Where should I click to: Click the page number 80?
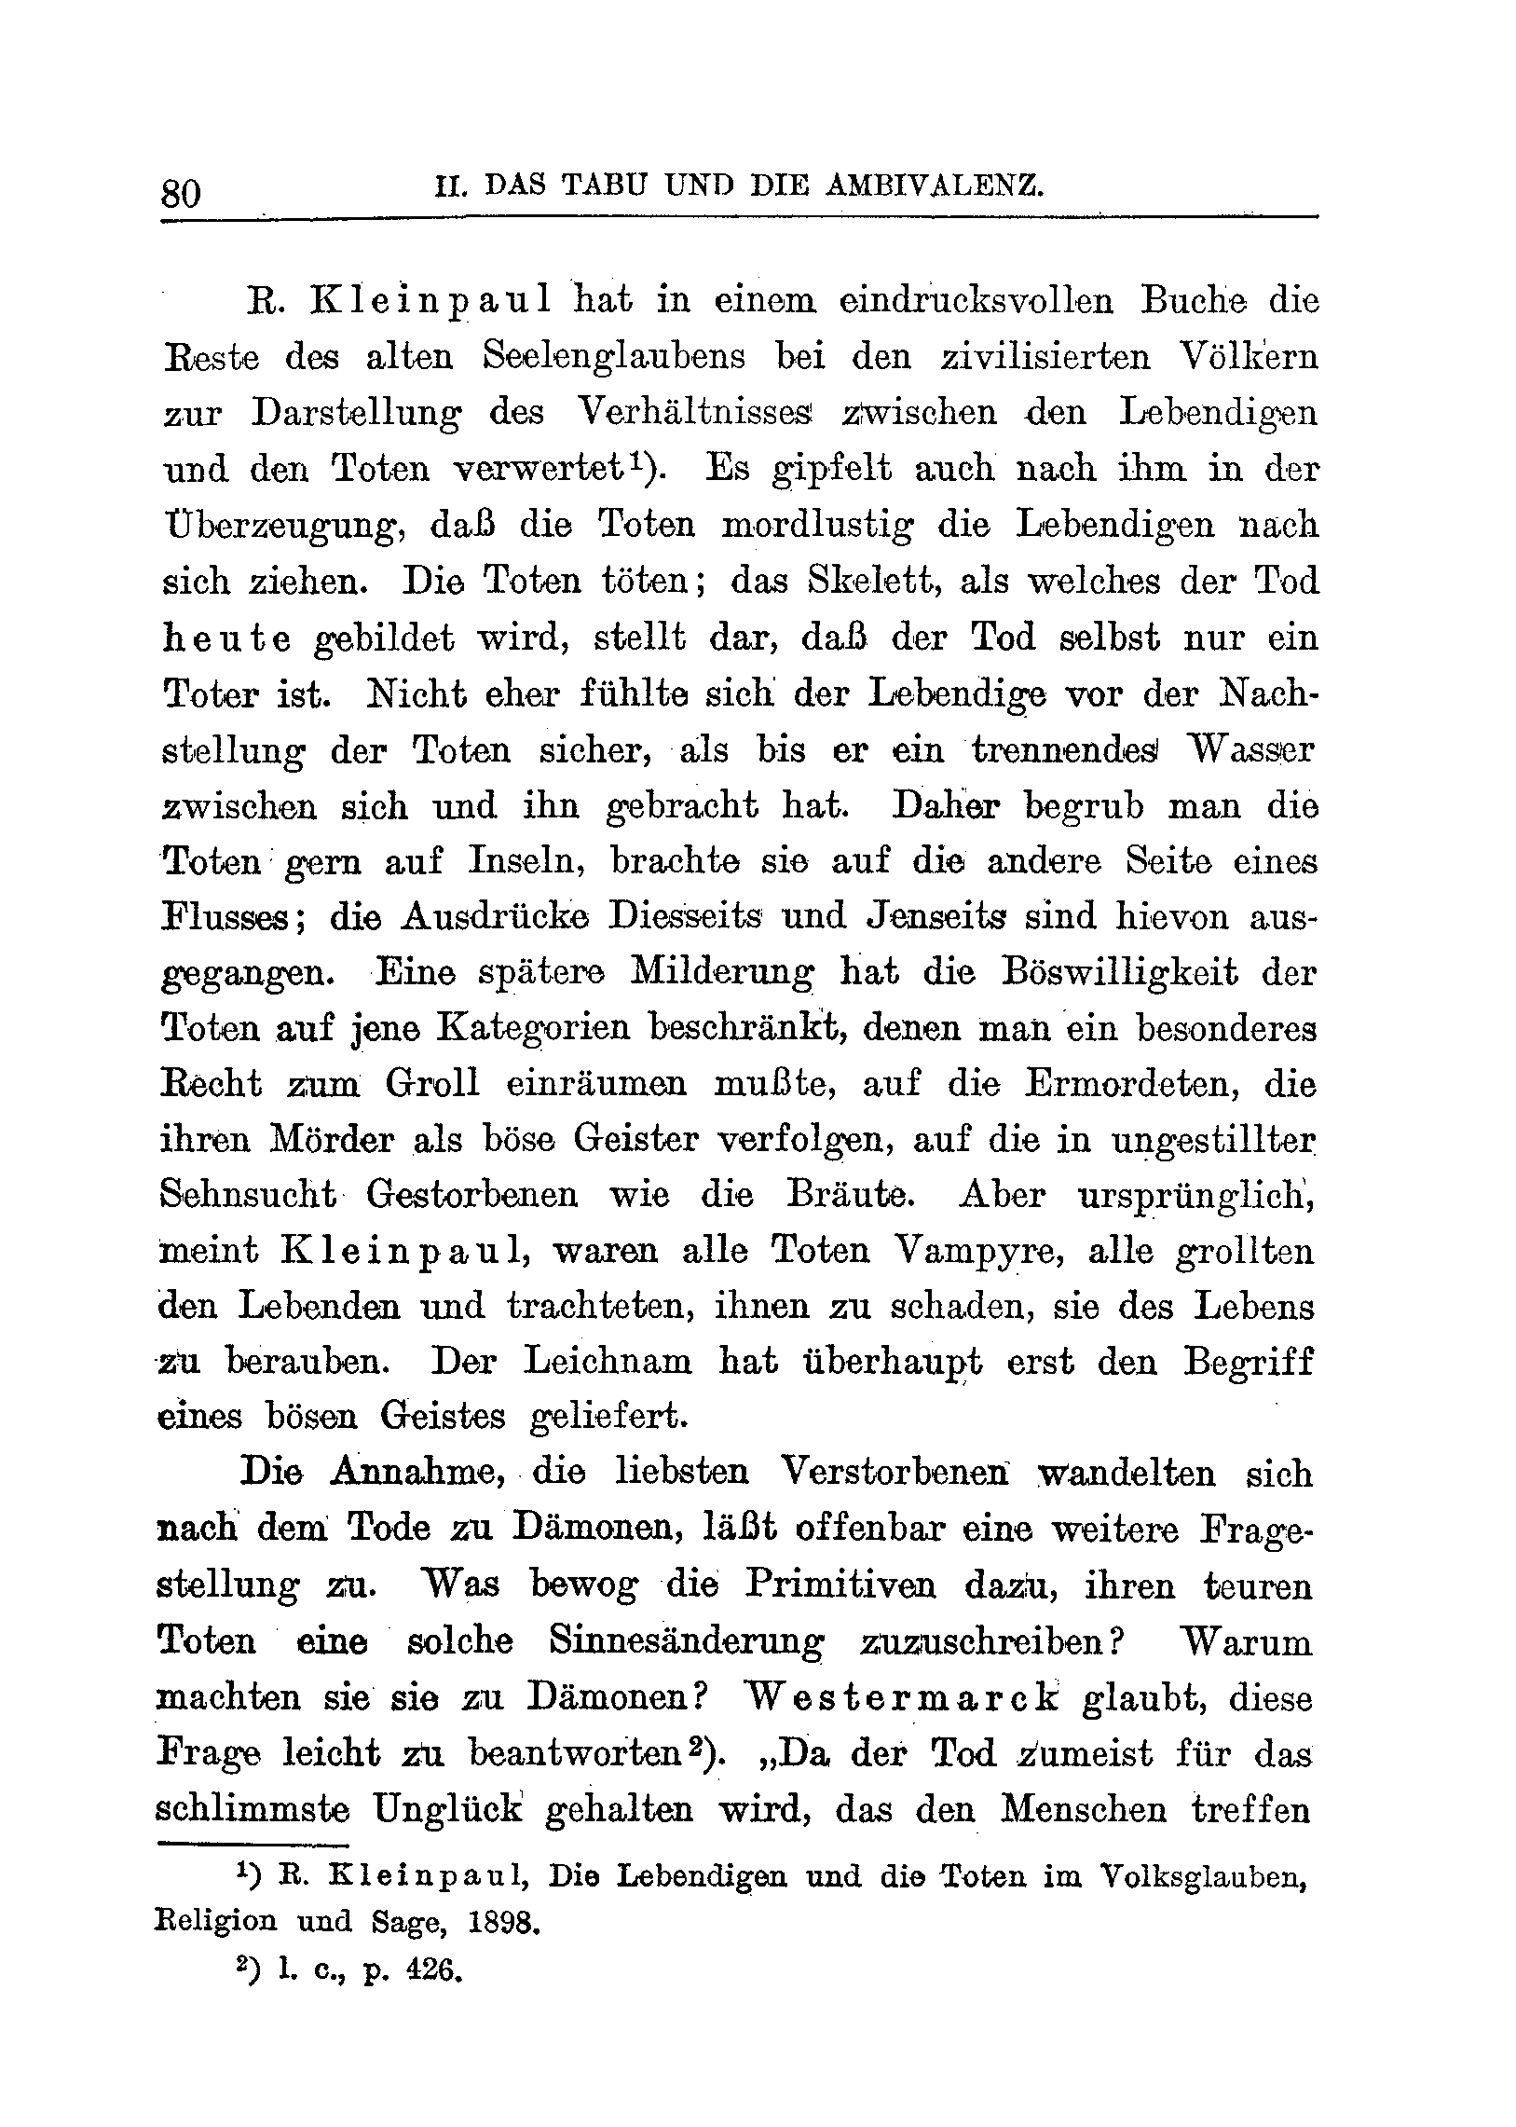181,192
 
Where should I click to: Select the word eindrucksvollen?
976,301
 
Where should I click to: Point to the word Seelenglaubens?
614,357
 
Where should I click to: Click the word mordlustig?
818,525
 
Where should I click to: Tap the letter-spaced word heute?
226,638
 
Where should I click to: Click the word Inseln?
526,860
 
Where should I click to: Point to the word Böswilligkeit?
1120,972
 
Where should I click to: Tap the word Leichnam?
608,1362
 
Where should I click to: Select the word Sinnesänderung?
686,1640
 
